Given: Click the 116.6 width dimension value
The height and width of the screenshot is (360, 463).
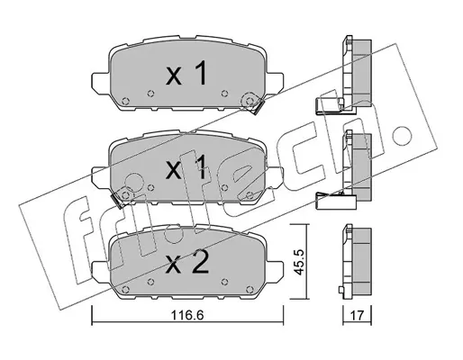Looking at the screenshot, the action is (187, 315).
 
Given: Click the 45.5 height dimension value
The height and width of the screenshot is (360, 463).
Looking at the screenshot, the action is (299, 261).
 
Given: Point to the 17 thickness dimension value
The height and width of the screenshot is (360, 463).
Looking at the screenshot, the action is (357, 315).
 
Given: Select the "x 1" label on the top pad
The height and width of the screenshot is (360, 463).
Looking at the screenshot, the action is (186, 73).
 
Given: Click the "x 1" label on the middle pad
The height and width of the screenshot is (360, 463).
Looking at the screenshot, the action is (186, 167).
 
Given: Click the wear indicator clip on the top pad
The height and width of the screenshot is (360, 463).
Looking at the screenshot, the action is (259, 107).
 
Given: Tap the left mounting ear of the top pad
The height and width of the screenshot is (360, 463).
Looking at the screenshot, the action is (100, 82).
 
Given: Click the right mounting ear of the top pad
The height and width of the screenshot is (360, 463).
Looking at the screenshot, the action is (275, 82).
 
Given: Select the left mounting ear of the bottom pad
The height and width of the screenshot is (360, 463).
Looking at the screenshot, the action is (100, 271).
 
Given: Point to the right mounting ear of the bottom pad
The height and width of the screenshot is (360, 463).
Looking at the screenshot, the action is (275, 271).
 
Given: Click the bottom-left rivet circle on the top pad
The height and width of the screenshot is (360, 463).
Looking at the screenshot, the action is (126, 101).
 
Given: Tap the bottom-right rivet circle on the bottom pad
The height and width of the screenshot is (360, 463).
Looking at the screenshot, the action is (249, 290).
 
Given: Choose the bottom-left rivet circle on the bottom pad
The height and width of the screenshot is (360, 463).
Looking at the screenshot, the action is (126, 290).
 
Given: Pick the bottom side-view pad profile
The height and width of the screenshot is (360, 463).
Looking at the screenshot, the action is (357, 262).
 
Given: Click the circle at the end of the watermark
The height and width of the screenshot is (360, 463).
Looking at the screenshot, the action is (402, 136).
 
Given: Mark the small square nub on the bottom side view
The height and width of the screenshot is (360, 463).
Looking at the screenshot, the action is (340, 290).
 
